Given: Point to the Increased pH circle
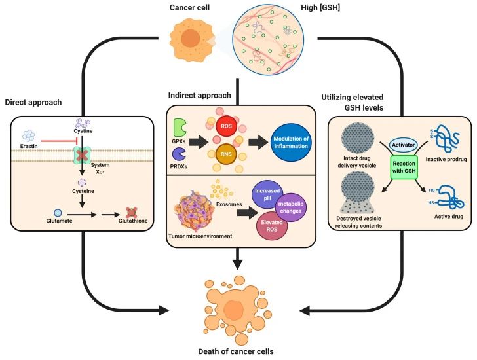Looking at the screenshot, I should click(x=263, y=195).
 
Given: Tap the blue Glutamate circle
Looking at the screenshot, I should click(x=39, y=213).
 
